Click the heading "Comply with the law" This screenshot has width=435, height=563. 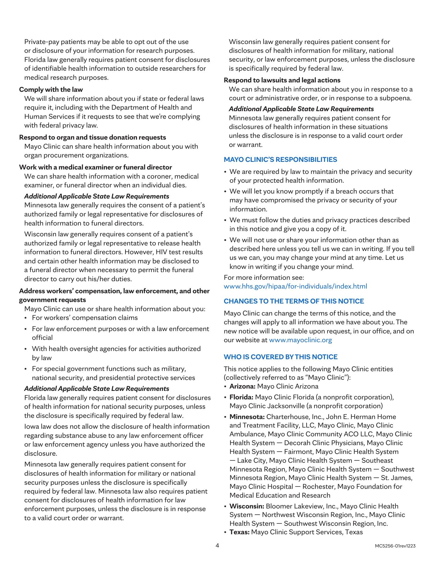click(x=51, y=90)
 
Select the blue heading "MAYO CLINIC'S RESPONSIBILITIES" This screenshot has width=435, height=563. click(x=280, y=160)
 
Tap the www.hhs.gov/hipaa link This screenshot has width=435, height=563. click(x=295, y=286)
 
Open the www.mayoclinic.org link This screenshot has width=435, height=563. click(x=300, y=340)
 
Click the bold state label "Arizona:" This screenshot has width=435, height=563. click(x=242, y=386)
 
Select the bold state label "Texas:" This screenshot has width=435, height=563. click(x=239, y=532)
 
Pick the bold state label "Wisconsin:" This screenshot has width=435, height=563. click(x=247, y=506)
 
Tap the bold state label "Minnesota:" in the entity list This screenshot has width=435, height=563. click(x=247, y=417)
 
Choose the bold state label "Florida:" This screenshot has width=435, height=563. click(x=241, y=397)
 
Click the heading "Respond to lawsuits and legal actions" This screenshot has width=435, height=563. click(x=282, y=80)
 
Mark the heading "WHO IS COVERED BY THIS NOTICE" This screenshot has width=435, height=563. click(x=281, y=357)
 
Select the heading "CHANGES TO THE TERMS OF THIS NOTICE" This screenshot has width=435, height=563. click(x=294, y=301)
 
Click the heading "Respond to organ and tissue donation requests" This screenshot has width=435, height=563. click(x=92, y=138)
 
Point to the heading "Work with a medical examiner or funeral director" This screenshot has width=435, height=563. click(x=96, y=167)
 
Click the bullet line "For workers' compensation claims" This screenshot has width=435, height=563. click(x=85, y=318)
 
